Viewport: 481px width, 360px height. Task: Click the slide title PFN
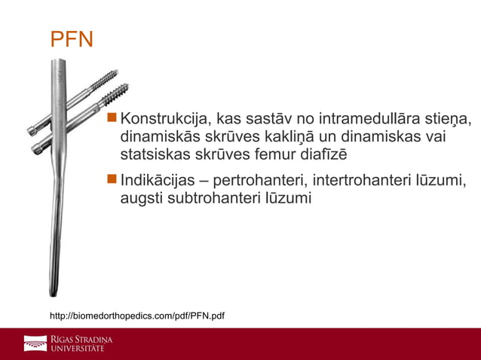tap(72, 39)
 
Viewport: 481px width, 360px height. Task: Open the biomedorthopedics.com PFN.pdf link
tap(136, 314)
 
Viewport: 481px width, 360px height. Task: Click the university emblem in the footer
tap(35, 343)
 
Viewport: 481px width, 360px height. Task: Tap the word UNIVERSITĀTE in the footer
tap(78, 349)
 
